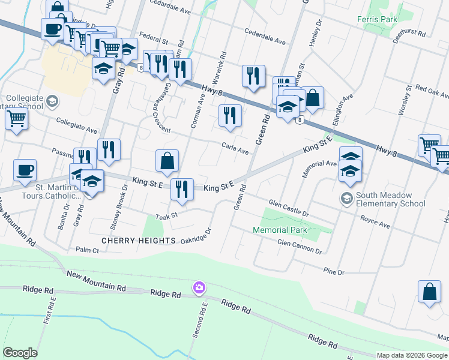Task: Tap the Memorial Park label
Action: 280,230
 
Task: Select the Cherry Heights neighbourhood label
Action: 138,241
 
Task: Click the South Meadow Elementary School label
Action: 390,200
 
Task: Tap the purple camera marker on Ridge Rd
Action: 199,289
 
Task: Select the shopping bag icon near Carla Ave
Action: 167,160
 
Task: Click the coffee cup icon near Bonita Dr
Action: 25,170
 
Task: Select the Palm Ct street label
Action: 87,249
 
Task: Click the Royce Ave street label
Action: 375,226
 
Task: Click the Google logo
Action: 20,352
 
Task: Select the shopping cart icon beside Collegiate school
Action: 16,118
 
